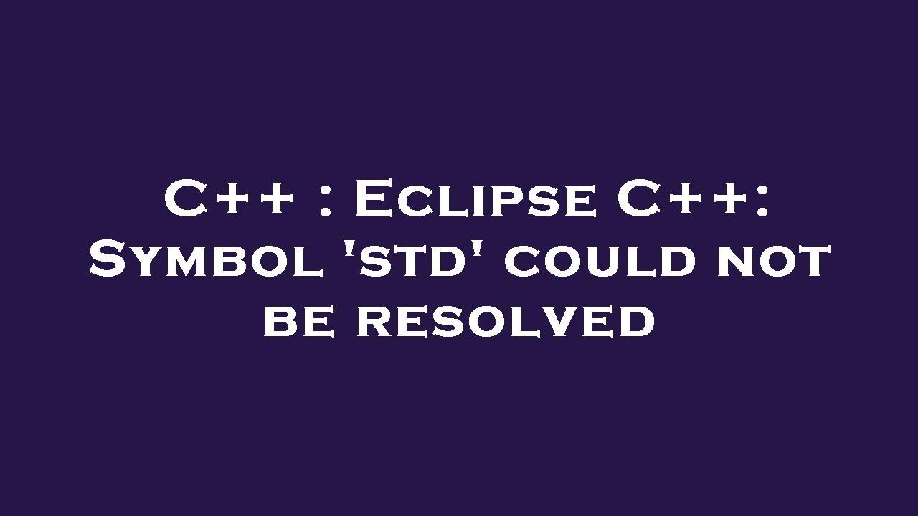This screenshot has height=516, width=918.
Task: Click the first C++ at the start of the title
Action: pos(229,199)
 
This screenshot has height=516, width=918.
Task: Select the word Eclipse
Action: pos(474,199)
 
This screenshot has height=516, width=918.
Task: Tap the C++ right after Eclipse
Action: pos(684,199)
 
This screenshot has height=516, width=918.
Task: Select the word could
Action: pos(600,261)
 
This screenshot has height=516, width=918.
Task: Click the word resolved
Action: pos(506,320)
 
